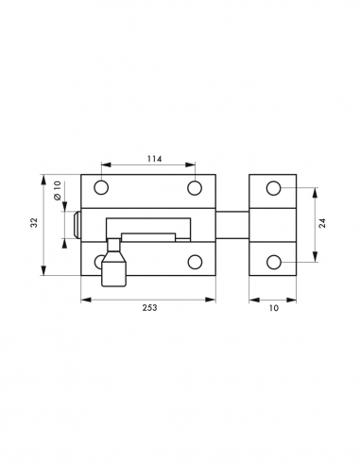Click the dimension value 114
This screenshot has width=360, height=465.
pyautogui.click(x=154, y=159)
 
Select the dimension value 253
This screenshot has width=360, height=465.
pyautogui.click(x=149, y=308)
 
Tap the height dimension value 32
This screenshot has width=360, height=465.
pyautogui.click(x=34, y=222)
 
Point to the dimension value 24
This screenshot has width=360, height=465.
pyautogui.click(x=322, y=223)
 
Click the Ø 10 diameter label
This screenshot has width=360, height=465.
pyautogui.click(x=57, y=190)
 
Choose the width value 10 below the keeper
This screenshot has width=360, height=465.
pyautogui.click(x=274, y=308)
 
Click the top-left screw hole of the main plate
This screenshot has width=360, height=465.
pyautogui.click(x=101, y=188)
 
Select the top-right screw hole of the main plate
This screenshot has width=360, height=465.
pyautogui.click(x=195, y=188)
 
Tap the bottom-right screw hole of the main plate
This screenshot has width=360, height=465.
pyautogui.click(x=195, y=262)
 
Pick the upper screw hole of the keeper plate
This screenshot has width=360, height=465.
pyautogui.click(x=274, y=188)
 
